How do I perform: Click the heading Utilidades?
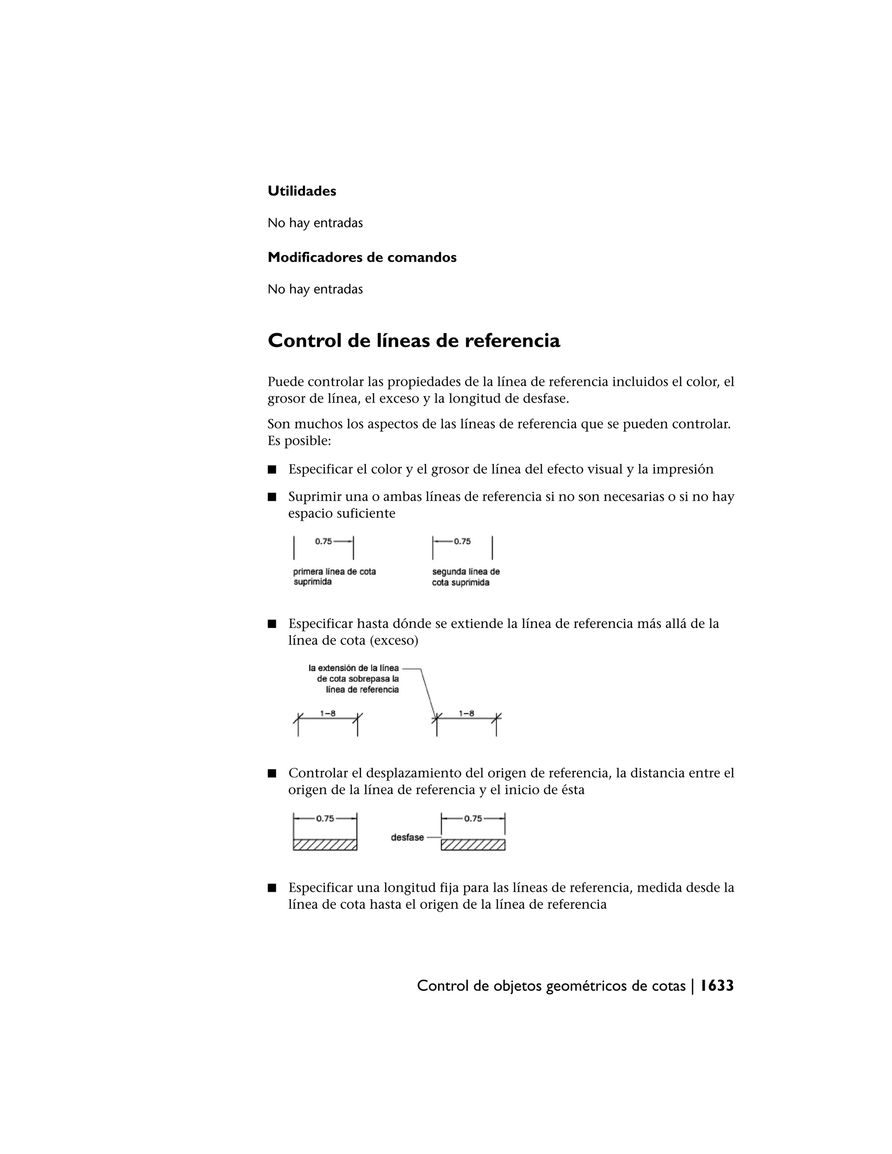coord(302,191)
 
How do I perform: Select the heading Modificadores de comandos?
coord(362,257)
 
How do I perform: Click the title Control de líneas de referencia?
coord(414,341)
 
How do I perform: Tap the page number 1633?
coord(717,985)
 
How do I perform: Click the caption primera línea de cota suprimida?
coord(334,577)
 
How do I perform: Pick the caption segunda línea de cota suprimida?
coord(466,577)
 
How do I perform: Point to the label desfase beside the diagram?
coord(407,837)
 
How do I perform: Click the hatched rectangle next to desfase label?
coord(473,845)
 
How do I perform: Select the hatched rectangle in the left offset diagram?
coord(325,845)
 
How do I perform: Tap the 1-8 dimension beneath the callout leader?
coord(466,713)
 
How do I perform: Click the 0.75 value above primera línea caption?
coord(324,541)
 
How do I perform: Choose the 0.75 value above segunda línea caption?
coord(463,541)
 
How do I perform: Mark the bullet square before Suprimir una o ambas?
coord(272,497)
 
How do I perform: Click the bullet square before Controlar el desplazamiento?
coord(272,773)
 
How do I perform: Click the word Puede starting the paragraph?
coord(285,381)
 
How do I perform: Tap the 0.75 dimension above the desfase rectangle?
coord(473,819)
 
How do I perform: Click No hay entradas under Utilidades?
coord(315,223)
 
